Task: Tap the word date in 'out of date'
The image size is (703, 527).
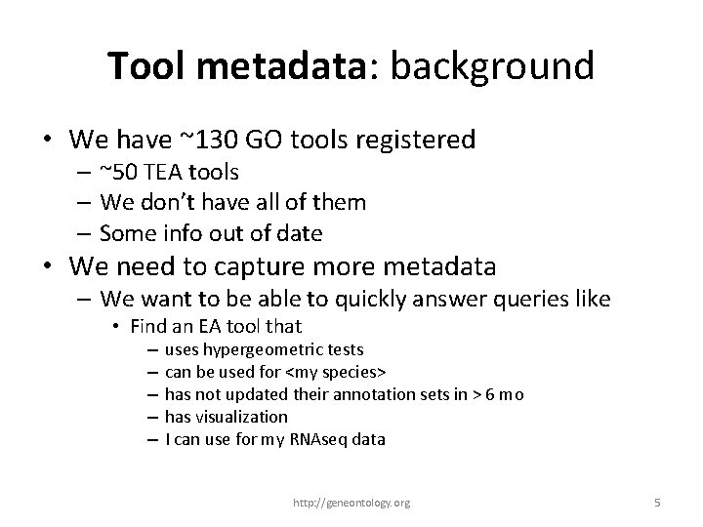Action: tap(301, 233)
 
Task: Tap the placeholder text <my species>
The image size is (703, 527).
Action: tap(336, 372)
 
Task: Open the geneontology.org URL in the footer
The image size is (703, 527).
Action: tap(352, 503)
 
